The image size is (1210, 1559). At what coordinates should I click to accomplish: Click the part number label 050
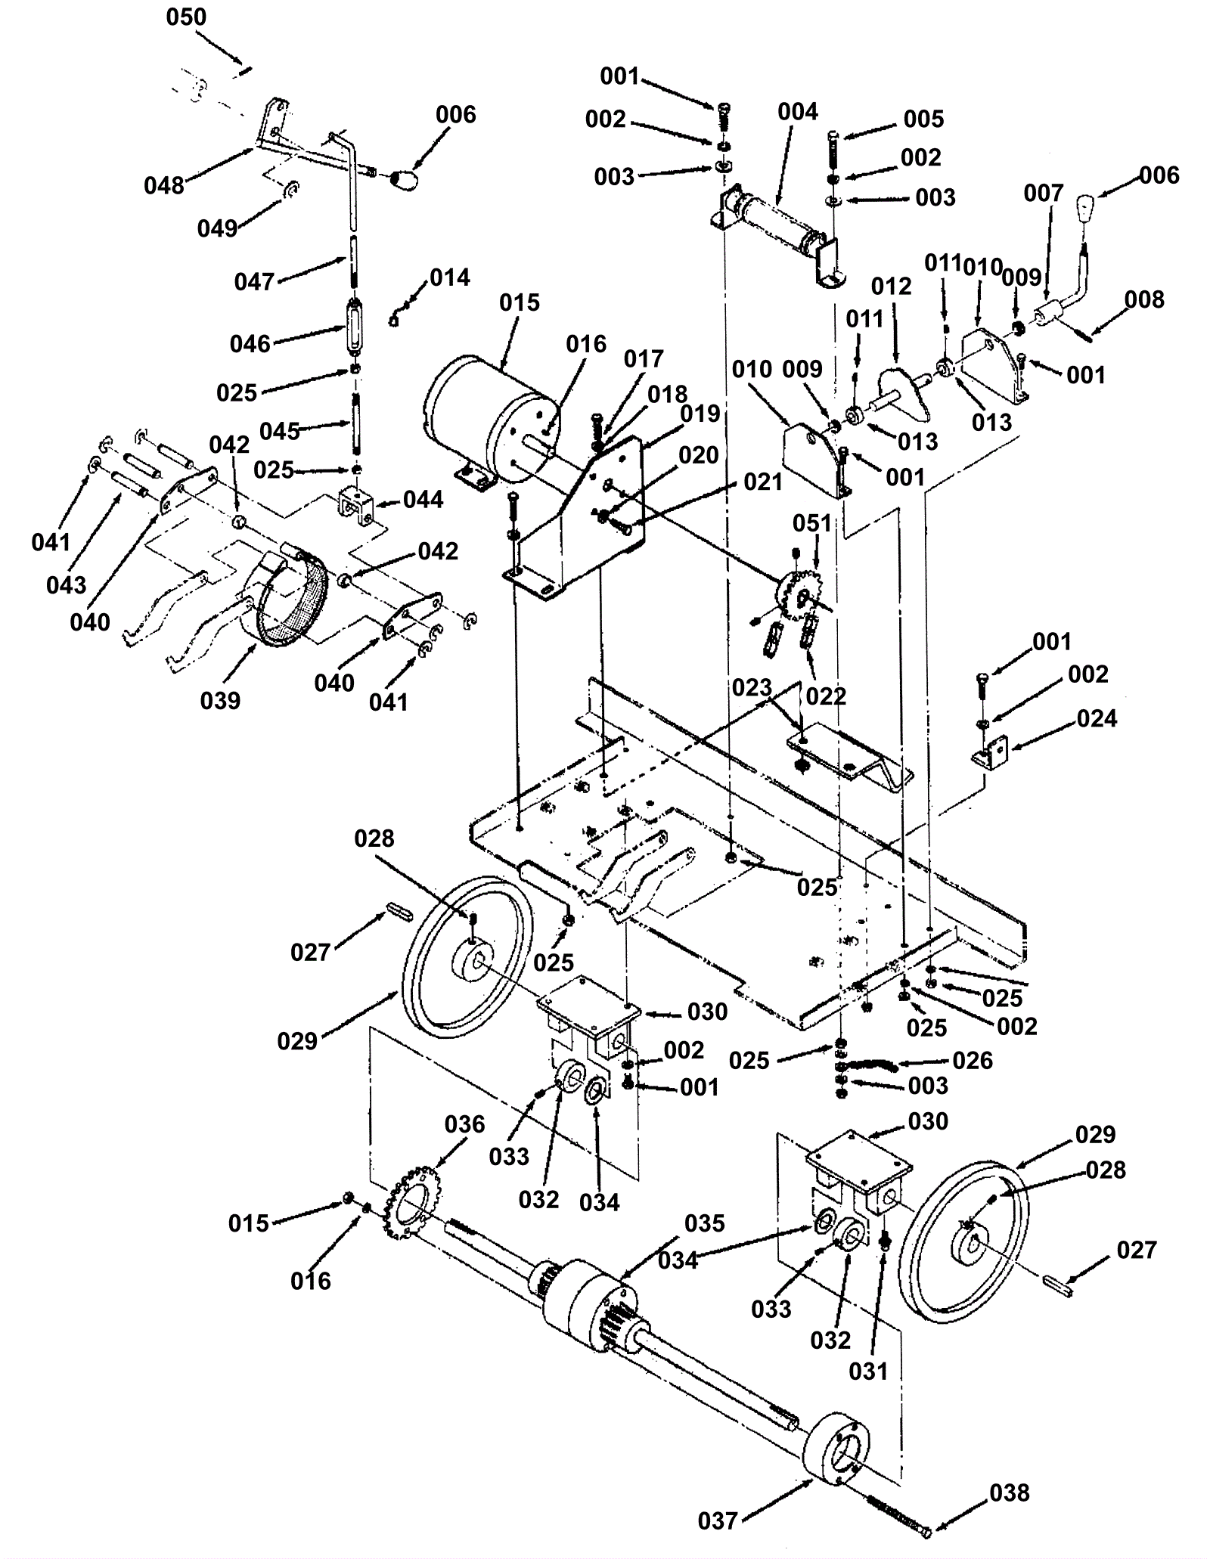[x=186, y=17]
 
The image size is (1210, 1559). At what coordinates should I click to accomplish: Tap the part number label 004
[x=798, y=112]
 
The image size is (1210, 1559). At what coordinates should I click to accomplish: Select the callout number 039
[x=220, y=701]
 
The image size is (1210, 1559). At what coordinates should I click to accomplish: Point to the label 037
[x=718, y=1520]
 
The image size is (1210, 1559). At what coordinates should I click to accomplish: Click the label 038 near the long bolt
[x=1010, y=1492]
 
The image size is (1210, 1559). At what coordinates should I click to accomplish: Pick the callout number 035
[x=705, y=1223]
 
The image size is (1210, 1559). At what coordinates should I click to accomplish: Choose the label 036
[x=464, y=1124]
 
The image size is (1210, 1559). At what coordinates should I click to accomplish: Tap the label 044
[x=423, y=499]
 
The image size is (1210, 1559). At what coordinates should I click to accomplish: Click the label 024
[x=1097, y=718]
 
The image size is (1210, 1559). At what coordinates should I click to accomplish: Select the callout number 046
[x=250, y=344]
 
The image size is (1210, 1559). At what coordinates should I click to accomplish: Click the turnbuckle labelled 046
[x=354, y=326]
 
